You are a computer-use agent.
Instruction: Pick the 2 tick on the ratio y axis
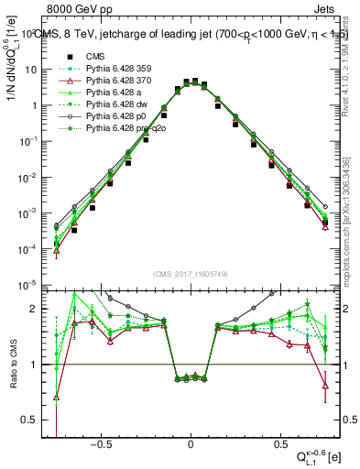click(x=36, y=309)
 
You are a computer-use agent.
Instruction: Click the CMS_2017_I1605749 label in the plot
click(x=191, y=274)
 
